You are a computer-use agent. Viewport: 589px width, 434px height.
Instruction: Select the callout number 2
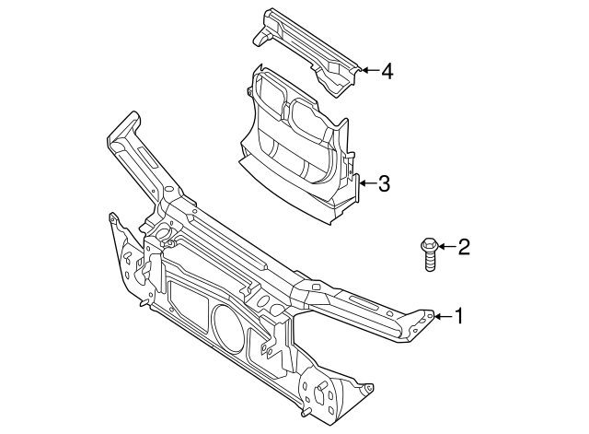(x=463, y=246)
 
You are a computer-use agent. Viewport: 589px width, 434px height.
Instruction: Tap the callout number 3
(x=384, y=183)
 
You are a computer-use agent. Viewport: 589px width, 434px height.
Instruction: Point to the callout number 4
(x=387, y=70)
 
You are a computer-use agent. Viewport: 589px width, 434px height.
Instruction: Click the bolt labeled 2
(x=429, y=255)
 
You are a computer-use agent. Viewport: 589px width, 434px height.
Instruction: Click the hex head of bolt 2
(x=429, y=246)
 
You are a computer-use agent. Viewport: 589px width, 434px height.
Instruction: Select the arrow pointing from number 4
(x=366, y=70)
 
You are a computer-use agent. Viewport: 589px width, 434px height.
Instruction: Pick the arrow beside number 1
(x=442, y=317)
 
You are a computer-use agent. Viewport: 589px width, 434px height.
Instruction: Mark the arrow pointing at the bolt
(x=445, y=246)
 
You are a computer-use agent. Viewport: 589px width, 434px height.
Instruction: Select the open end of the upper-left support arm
(x=125, y=124)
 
